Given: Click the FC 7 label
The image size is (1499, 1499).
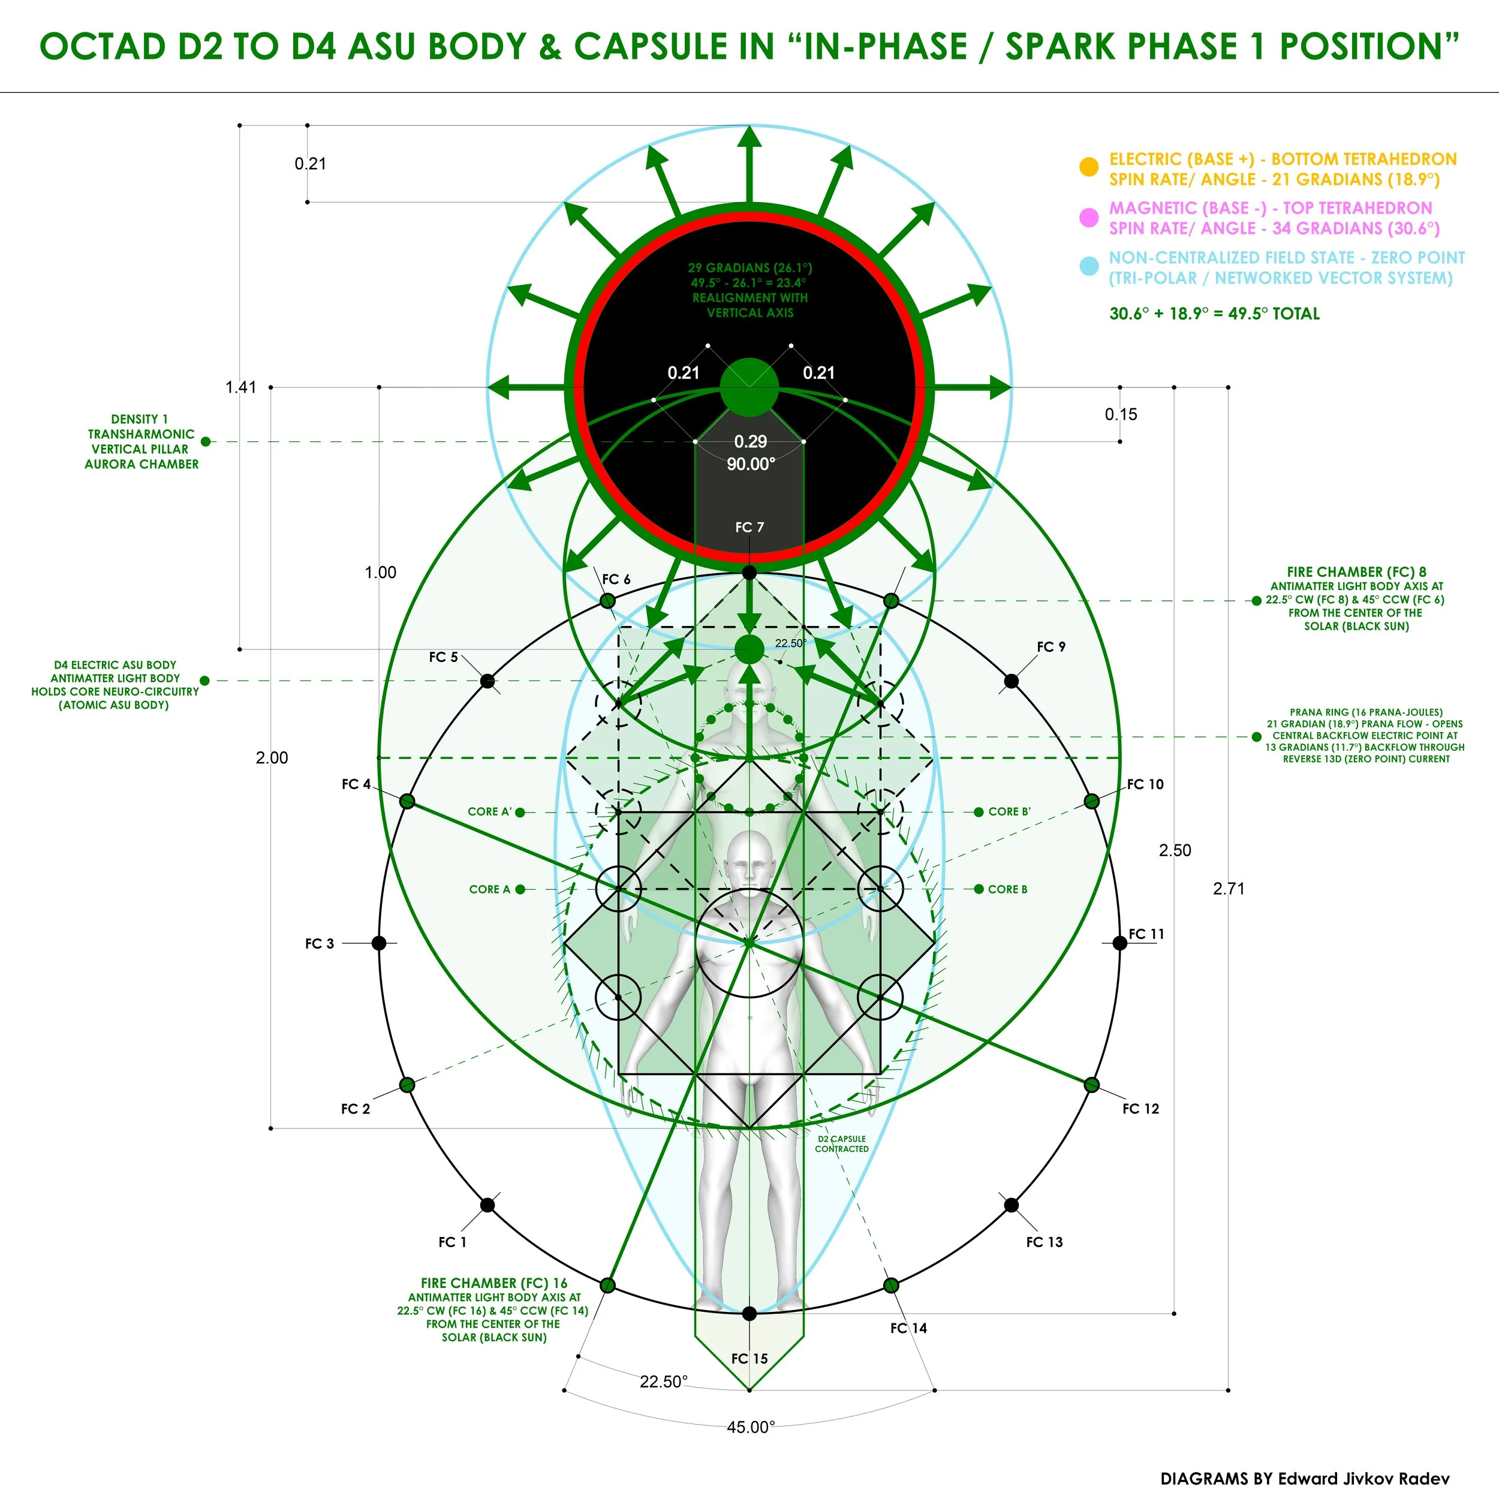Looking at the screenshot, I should pos(749,528).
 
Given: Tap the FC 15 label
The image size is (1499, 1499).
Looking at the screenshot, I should pos(749,1359).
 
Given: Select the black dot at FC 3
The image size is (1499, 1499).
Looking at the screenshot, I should pos(378,943).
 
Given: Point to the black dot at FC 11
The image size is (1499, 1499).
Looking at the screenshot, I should pos(1119,943).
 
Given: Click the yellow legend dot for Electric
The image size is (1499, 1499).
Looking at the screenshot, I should pos(1089,167).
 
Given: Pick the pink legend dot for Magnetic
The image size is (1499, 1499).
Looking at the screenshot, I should pos(1089,217).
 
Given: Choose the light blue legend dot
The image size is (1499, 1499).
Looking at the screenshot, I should pos(1089,266).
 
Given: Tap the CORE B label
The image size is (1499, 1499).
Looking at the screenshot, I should pos(1007,889).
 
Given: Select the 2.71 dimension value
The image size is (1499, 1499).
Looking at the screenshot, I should pos(1228,889).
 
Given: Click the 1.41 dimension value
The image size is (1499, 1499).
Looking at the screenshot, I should pos(240,387).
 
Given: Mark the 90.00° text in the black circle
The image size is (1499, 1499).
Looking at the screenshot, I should pos(750,464).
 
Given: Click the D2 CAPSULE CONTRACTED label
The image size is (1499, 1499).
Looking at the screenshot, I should pos(842,1143).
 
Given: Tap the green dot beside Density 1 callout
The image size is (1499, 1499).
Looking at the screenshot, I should pos(206,441).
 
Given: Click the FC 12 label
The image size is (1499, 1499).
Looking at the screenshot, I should pos(1140,1109).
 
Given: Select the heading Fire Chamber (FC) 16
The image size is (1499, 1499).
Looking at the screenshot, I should pos(494,1283).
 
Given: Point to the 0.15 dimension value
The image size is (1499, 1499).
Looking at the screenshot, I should pos(1121,414).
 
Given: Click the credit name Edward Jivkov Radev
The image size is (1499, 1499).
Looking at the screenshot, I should pos(1363,1478).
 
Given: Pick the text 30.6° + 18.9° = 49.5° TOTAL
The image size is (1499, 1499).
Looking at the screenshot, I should pos(1214,314).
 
